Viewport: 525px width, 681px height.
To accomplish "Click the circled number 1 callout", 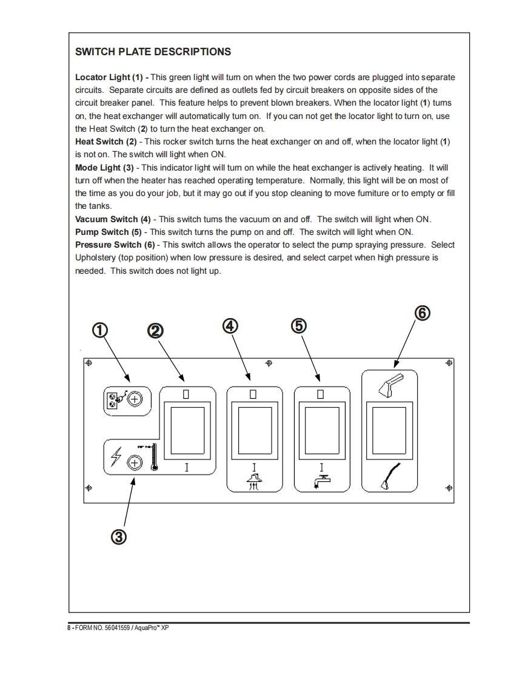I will (99, 330).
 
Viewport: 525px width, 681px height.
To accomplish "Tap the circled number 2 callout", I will (155, 330).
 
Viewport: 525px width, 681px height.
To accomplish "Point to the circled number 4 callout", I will (229, 325).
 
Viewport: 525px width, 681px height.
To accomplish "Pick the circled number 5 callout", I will (298, 325).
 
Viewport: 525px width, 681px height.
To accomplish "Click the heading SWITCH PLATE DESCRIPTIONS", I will (153, 52).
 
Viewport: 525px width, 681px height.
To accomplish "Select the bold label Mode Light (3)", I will (104, 167).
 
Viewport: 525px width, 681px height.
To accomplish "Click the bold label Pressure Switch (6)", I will (115, 245).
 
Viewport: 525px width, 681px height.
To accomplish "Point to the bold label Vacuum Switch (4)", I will (112, 219).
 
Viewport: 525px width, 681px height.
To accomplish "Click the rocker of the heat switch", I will (187, 431).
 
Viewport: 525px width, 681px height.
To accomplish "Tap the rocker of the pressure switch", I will (389, 431).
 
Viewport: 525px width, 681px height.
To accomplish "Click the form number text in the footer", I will (118, 629).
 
